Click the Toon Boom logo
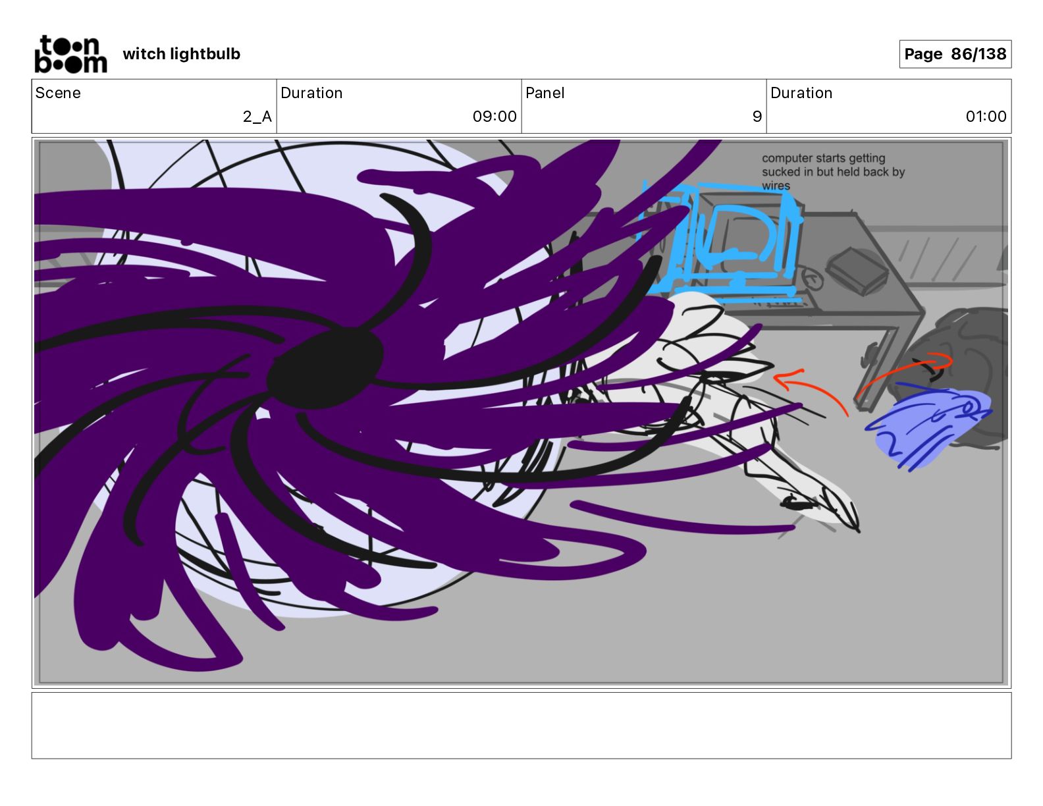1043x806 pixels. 70,54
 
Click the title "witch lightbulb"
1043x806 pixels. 181,54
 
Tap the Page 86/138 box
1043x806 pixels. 955,54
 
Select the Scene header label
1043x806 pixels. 58,93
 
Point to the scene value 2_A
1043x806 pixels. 257,117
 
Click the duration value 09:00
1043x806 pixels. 494,117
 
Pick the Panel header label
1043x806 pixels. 545,93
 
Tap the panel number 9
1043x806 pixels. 757,117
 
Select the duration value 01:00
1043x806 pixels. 985,117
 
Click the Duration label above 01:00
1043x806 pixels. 801,93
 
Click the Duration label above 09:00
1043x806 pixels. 311,93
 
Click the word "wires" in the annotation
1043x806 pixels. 776,186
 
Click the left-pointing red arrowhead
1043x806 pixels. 784,380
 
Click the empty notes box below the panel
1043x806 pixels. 521,725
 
